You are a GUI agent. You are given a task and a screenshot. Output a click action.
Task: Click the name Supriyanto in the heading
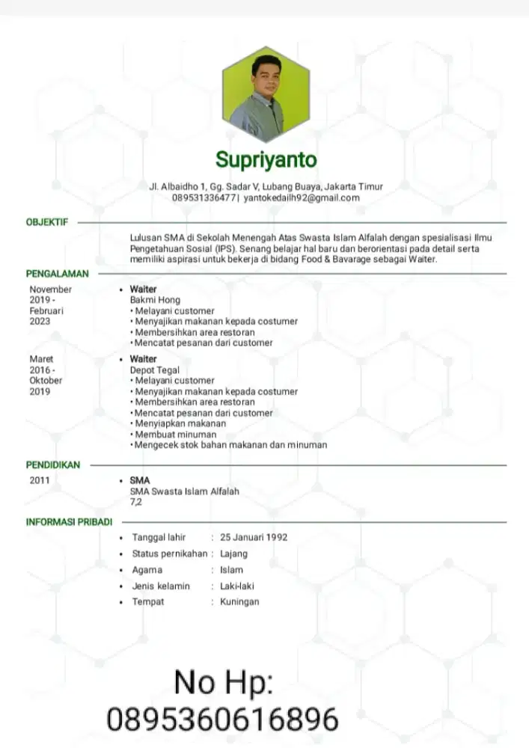coord(266,159)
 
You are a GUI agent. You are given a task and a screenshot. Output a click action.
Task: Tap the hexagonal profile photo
coord(266,93)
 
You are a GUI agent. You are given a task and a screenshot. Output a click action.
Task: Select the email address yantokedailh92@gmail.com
coord(302,197)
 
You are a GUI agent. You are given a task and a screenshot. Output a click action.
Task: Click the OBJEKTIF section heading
coord(47,222)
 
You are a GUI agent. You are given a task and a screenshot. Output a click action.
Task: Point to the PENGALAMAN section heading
coord(58,274)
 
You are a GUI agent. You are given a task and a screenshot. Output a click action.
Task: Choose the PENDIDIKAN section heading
coord(53,465)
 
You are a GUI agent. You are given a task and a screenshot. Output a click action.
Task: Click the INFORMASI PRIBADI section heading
coord(69,521)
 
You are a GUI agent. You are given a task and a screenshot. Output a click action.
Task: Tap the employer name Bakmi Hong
coord(155,300)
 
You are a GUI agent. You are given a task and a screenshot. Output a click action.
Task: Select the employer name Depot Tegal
coord(155,370)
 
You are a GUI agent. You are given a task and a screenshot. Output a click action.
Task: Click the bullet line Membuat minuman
coord(176,434)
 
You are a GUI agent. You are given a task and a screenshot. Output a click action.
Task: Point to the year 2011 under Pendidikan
coord(40,480)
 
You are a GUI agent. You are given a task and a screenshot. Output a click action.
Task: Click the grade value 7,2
coord(136,502)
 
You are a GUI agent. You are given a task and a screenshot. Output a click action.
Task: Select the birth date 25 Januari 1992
coord(254,537)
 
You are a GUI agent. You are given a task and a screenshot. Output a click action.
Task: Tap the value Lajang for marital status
coord(233,554)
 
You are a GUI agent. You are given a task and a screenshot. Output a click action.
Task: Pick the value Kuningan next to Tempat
coord(239,601)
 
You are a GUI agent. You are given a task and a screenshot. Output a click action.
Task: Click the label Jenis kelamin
coord(161,586)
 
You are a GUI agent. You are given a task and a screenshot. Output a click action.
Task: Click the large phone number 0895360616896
coord(223,720)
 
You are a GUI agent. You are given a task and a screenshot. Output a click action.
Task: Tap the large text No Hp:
coord(224,681)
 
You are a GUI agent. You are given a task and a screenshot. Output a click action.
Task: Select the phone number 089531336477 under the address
coord(204,197)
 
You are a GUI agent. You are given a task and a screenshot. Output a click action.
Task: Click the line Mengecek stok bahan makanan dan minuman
coord(230,445)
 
